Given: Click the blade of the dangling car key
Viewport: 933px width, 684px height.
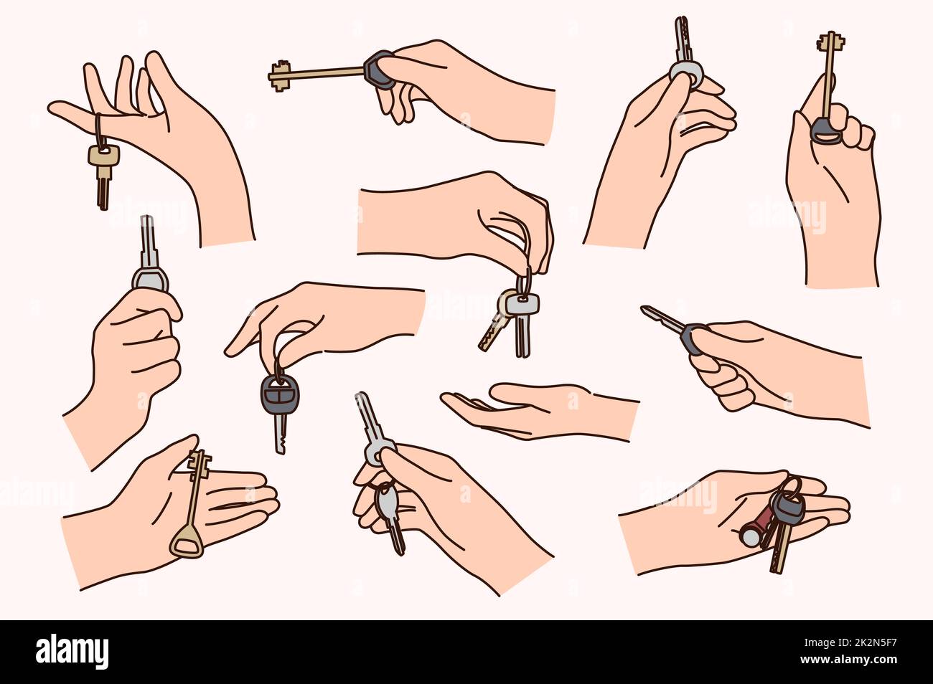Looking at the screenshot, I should click(x=279, y=434).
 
